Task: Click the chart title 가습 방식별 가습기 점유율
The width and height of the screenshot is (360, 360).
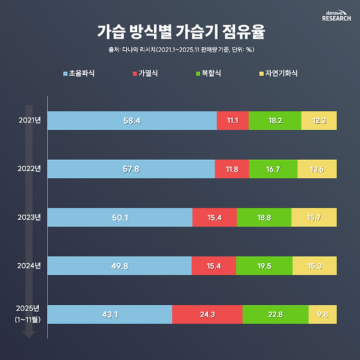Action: point(180,31)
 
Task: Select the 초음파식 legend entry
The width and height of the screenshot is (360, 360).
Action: point(79,73)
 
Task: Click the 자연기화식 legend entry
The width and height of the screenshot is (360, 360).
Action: point(278,73)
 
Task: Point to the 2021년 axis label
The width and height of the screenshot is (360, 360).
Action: point(30,120)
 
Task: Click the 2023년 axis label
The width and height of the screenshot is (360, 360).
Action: point(30,217)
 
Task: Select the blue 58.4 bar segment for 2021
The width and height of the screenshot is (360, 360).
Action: point(132,120)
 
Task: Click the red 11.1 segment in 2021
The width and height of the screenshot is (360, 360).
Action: point(233,120)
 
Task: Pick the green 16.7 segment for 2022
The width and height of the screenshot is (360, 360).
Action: point(273,169)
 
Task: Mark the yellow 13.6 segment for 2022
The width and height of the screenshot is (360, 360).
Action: point(317,169)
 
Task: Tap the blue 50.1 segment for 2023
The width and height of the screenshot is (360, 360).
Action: point(120,217)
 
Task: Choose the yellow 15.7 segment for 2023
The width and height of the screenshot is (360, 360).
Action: point(314,217)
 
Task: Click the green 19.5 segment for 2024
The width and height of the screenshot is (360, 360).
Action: point(264,266)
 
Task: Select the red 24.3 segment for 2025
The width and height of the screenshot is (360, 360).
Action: point(207,314)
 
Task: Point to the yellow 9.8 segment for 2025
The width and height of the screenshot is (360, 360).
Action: point(322,314)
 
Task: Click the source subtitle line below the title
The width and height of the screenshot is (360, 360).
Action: point(180,50)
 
